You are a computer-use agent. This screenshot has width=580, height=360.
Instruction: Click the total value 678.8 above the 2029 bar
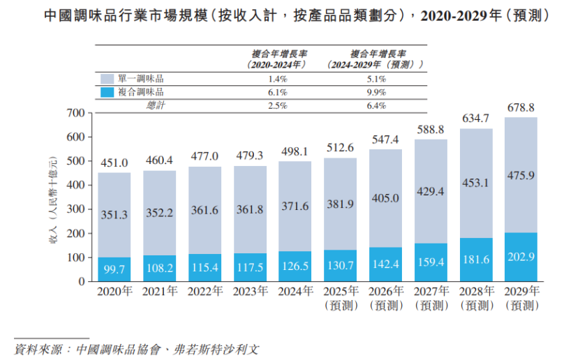coord(521,108)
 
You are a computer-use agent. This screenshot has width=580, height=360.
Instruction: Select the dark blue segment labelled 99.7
coord(114,269)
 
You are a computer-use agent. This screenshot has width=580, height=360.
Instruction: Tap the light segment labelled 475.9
coord(521,175)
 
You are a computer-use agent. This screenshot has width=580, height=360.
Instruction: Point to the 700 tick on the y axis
coord(75,113)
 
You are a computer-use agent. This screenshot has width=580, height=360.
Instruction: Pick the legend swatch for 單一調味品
coord(107,79)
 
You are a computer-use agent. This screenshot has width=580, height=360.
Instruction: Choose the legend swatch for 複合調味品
coord(107,92)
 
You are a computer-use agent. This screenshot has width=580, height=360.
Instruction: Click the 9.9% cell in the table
coord(376,92)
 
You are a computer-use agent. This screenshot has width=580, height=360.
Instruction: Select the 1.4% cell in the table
coord(278,79)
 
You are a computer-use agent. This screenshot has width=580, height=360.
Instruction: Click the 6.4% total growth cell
coord(376,105)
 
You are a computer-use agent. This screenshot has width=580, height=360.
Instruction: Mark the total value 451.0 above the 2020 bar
coord(114,163)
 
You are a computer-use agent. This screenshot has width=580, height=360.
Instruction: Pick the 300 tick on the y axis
coord(75,209)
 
